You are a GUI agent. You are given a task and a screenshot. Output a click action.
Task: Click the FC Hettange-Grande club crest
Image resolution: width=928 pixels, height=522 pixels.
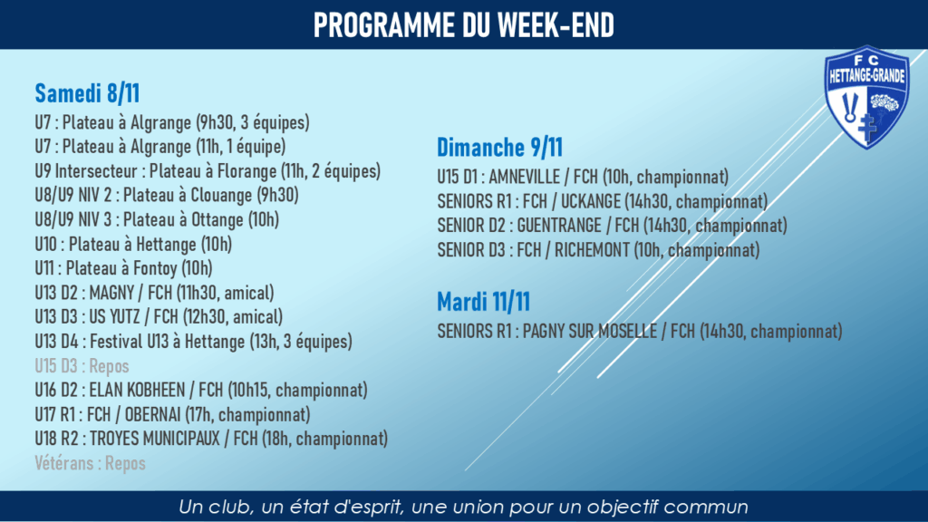click(867, 97)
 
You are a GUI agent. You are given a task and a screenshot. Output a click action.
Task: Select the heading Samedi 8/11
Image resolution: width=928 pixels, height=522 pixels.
click(87, 93)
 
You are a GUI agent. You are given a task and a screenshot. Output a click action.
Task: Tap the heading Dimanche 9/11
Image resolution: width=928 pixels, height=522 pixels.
click(499, 148)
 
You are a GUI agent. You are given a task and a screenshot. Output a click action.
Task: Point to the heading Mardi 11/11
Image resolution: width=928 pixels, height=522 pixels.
click(484, 302)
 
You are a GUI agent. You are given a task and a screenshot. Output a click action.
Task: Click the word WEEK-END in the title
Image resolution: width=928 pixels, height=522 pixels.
click(556, 25)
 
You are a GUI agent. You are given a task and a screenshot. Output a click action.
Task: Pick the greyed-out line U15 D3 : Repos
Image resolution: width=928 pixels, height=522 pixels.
click(82, 366)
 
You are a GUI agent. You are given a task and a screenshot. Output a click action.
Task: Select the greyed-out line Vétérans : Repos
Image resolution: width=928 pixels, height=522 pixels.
click(90, 463)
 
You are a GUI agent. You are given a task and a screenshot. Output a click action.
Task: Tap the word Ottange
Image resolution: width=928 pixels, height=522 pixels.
click(217, 220)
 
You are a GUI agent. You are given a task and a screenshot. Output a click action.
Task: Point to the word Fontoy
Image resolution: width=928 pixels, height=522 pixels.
click(155, 268)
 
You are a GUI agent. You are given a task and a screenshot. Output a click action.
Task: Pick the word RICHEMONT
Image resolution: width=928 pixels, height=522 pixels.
click(592, 250)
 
